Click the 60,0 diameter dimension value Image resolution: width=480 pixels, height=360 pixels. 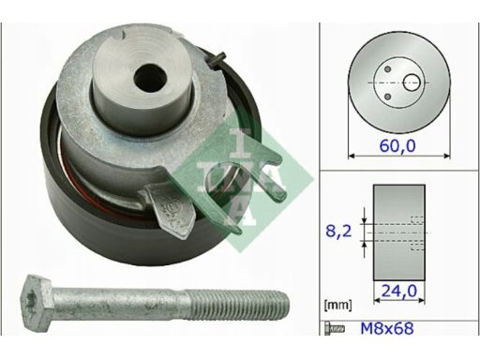coord(397,145)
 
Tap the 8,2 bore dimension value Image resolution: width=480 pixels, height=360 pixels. coord(338,232)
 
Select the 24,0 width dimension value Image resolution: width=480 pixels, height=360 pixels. coord(399,292)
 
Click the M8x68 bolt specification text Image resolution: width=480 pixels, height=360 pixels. coord(387,328)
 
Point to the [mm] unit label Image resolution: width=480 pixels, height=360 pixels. coord(338,305)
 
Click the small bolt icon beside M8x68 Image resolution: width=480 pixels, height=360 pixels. coord(335,329)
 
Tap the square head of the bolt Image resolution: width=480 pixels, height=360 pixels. coord(37,298)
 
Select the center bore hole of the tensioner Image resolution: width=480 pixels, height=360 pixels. coord(150,78)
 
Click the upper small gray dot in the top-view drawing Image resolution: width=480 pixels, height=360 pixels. coord(387,69)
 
